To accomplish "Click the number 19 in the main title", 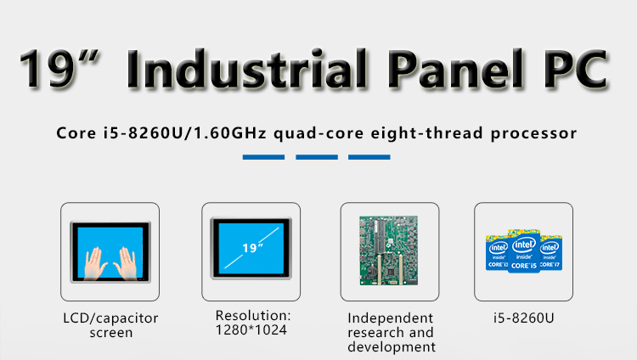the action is (x=48, y=67).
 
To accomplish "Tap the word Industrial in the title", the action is (x=247, y=68).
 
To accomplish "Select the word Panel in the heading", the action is (x=457, y=68).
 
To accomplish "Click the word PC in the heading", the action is (x=575, y=68).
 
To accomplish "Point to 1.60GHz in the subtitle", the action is (x=230, y=132).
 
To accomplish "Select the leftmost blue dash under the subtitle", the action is (x=263, y=157).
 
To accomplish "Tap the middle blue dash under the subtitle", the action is (x=317, y=157).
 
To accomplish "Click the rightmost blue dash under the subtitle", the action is (x=369, y=157).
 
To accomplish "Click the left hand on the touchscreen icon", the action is (x=95, y=263).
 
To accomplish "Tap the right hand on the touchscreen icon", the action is (x=126, y=263).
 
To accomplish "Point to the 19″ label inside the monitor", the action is (x=252, y=247).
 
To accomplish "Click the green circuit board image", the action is (x=389, y=250).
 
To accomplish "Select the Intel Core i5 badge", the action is (x=524, y=250).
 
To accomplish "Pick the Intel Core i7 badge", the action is (x=551, y=252).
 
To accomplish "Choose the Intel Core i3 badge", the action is (x=497, y=252).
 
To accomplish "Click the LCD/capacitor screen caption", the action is (x=110, y=325).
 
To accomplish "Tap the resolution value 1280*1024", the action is (x=251, y=330).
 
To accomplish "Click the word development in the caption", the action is (x=392, y=347).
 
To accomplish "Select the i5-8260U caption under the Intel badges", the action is (x=524, y=318).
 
